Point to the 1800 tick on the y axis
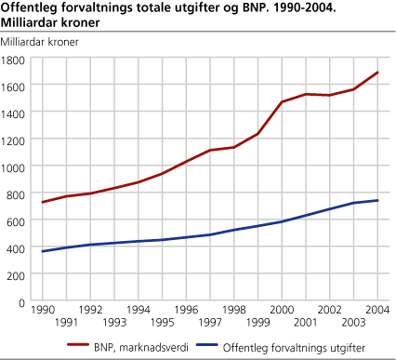16,59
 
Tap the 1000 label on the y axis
16,167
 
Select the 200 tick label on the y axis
19,274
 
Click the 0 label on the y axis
25,301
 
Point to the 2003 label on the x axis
354,323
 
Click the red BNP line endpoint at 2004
377,73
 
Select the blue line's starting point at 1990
42,251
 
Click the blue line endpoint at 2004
377,200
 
